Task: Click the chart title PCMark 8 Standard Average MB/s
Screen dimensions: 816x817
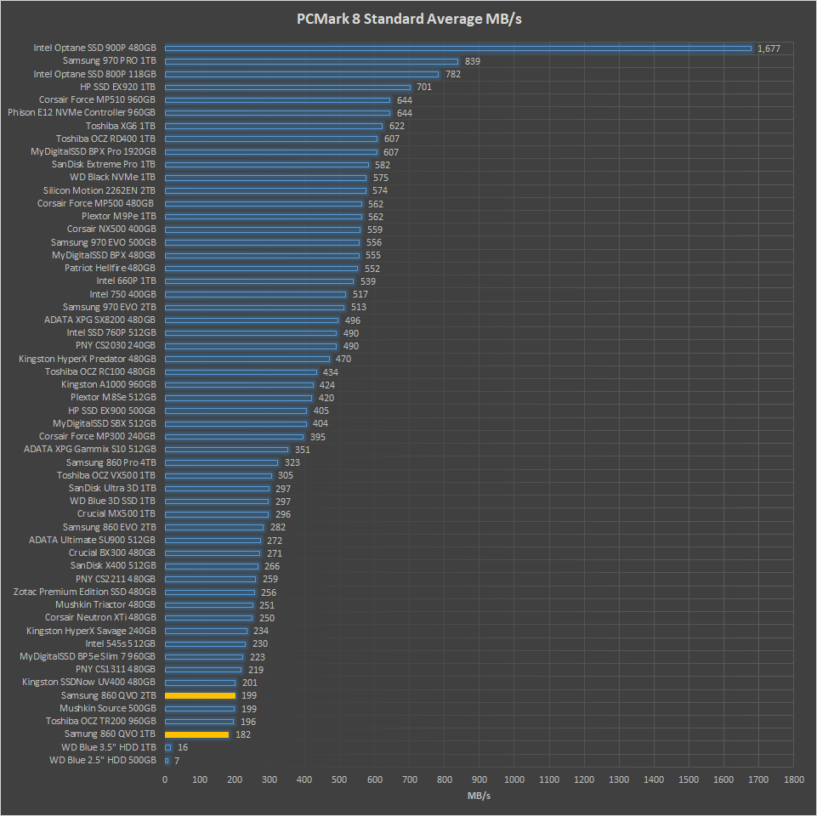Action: point(408,20)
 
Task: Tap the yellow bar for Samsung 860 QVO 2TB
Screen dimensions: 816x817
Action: point(200,695)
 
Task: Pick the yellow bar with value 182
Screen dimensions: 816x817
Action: point(196,734)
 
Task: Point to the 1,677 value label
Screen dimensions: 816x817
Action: point(769,48)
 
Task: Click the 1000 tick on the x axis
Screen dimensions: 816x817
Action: point(513,779)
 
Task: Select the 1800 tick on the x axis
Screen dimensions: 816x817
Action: point(793,779)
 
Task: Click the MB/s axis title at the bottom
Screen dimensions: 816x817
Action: point(479,796)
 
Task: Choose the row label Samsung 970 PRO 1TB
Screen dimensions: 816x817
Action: point(109,61)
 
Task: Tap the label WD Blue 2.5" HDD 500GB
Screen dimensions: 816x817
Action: point(102,760)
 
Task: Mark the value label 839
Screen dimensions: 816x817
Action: point(473,61)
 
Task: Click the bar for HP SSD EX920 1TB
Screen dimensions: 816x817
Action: point(287,87)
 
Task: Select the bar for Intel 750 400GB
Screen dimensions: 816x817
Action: point(255,294)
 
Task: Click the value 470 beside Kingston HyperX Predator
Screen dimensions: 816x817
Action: point(343,359)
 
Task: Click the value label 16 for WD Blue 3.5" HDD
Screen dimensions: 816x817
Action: point(183,747)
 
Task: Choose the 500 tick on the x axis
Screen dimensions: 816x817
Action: point(339,779)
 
